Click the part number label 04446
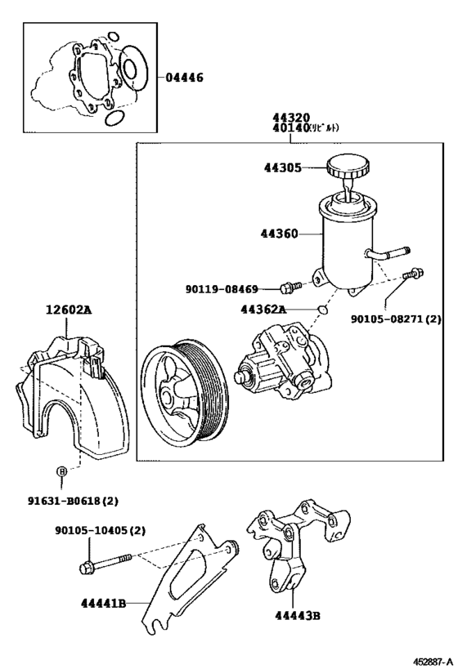click(x=184, y=78)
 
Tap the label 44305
click(x=282, y=168)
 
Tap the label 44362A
click(x=263, y=310)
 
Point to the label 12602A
click(x=70, y=310)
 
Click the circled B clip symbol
click(x=60, y=471)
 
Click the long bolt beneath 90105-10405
click(x=107, y=564)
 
